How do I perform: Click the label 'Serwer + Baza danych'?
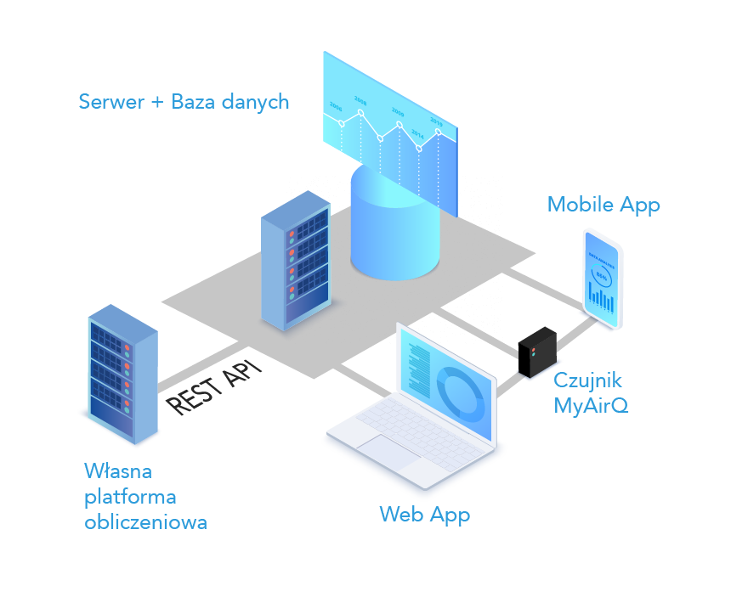click(x=184, y=102)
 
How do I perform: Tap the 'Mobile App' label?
click(x=603, y=205)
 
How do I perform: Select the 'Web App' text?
click(x=424, y=514)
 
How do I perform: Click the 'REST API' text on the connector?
click(x=213, y=386)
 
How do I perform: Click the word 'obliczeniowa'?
click(x=145, y=521)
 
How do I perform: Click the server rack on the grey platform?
click(x=294, y=260)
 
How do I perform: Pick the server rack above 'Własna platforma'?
click(x=122, y=373)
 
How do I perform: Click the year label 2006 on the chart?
click(x=336, y=108)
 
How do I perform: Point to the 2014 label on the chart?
click(x=417, y=132)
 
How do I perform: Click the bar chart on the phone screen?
click(x=602, y=299)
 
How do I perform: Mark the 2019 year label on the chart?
click(x=436, y=122)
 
